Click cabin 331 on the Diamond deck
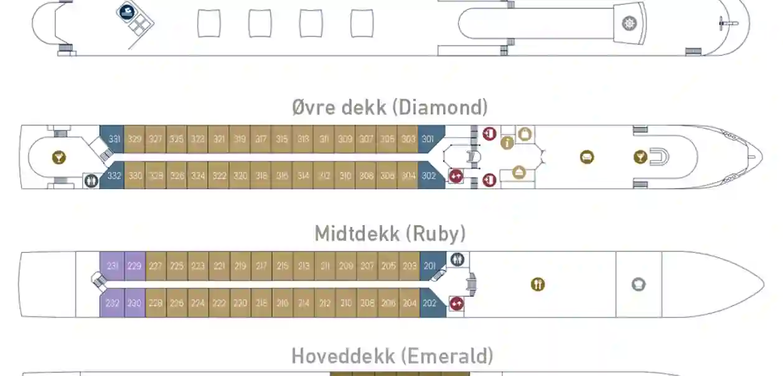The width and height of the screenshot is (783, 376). point(114,139)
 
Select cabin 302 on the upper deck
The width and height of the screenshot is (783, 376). point(429,176)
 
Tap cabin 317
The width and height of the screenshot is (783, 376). point(261,139)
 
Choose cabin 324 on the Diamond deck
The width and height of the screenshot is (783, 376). point(198,176)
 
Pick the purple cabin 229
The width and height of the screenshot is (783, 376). point(134,266)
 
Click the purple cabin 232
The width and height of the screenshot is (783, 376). point(112,303)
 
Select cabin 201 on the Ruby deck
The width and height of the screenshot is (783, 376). point(430,266)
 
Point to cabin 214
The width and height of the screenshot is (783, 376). point(304,303)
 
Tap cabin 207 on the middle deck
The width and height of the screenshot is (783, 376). point(367,266)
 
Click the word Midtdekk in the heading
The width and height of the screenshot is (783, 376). point(356,234)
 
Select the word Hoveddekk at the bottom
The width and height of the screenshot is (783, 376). point(343,356)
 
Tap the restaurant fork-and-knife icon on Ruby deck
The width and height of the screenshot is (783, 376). point(538,284)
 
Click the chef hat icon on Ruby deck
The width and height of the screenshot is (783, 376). point(639,284)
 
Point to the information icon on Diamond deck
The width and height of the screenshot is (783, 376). point(507,143)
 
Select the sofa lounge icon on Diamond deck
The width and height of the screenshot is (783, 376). point(586,157)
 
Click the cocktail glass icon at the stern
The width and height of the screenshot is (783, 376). point(59,157)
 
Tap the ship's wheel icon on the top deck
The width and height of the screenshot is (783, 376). point(629,24)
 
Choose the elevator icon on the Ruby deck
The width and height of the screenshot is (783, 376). point(456,304)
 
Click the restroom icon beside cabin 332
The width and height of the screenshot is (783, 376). point(91,181)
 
